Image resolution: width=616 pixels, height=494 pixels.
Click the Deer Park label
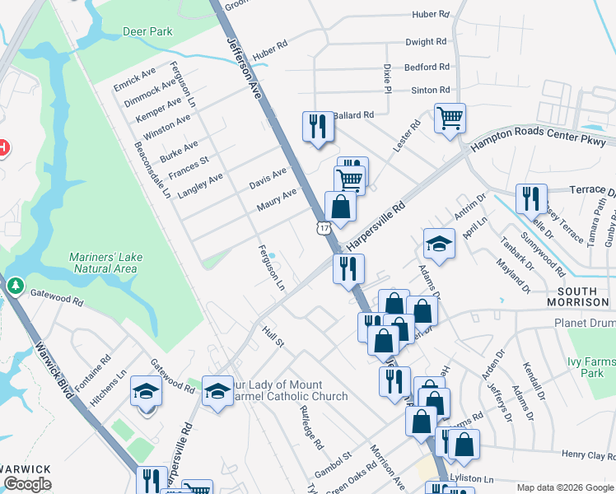(x=147, y=31)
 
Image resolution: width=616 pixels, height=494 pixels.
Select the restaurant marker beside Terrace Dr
(x=531, y=198)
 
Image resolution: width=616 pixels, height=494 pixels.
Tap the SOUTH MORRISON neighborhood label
(x=582, y=297)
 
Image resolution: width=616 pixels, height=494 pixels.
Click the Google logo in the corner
(x=28, y=484)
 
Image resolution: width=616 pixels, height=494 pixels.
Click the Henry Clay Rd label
(x=588, y=455)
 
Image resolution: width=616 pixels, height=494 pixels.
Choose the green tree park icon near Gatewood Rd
(x=16, y=285)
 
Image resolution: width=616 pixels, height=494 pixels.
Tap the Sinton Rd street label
(x=432, y=90)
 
